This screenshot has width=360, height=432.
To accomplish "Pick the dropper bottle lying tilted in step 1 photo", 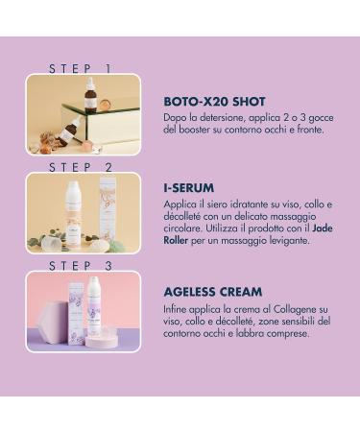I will coord(69,131).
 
